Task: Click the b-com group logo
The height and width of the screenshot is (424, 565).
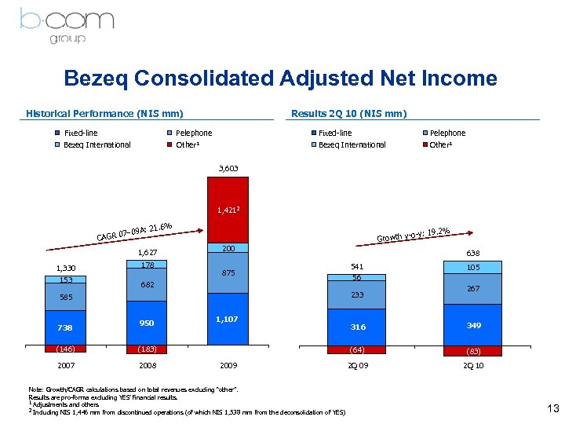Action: click(x=62, y=24)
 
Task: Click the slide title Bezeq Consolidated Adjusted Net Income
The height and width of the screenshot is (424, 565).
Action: click(x=280, y=79)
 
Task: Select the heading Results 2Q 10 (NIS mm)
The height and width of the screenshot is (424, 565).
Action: click(x=348, y=113)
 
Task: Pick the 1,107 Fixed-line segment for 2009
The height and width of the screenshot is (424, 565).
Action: click(x=228, y=320)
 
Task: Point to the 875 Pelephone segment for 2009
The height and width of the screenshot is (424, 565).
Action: click(x=228, y=273)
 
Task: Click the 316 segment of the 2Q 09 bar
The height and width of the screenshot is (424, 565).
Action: click(x=358, y=327)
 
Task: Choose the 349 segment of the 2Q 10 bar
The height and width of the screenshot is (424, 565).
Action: click(x=473, y=324)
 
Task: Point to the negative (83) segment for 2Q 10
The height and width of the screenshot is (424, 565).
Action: click(x=473, y=351)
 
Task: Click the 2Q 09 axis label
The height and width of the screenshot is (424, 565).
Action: click(x=358, y=367)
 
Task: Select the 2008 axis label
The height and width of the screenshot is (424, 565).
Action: click(x=148, y=367)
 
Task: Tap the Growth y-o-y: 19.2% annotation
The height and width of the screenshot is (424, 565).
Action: click(x=414, y=234)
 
